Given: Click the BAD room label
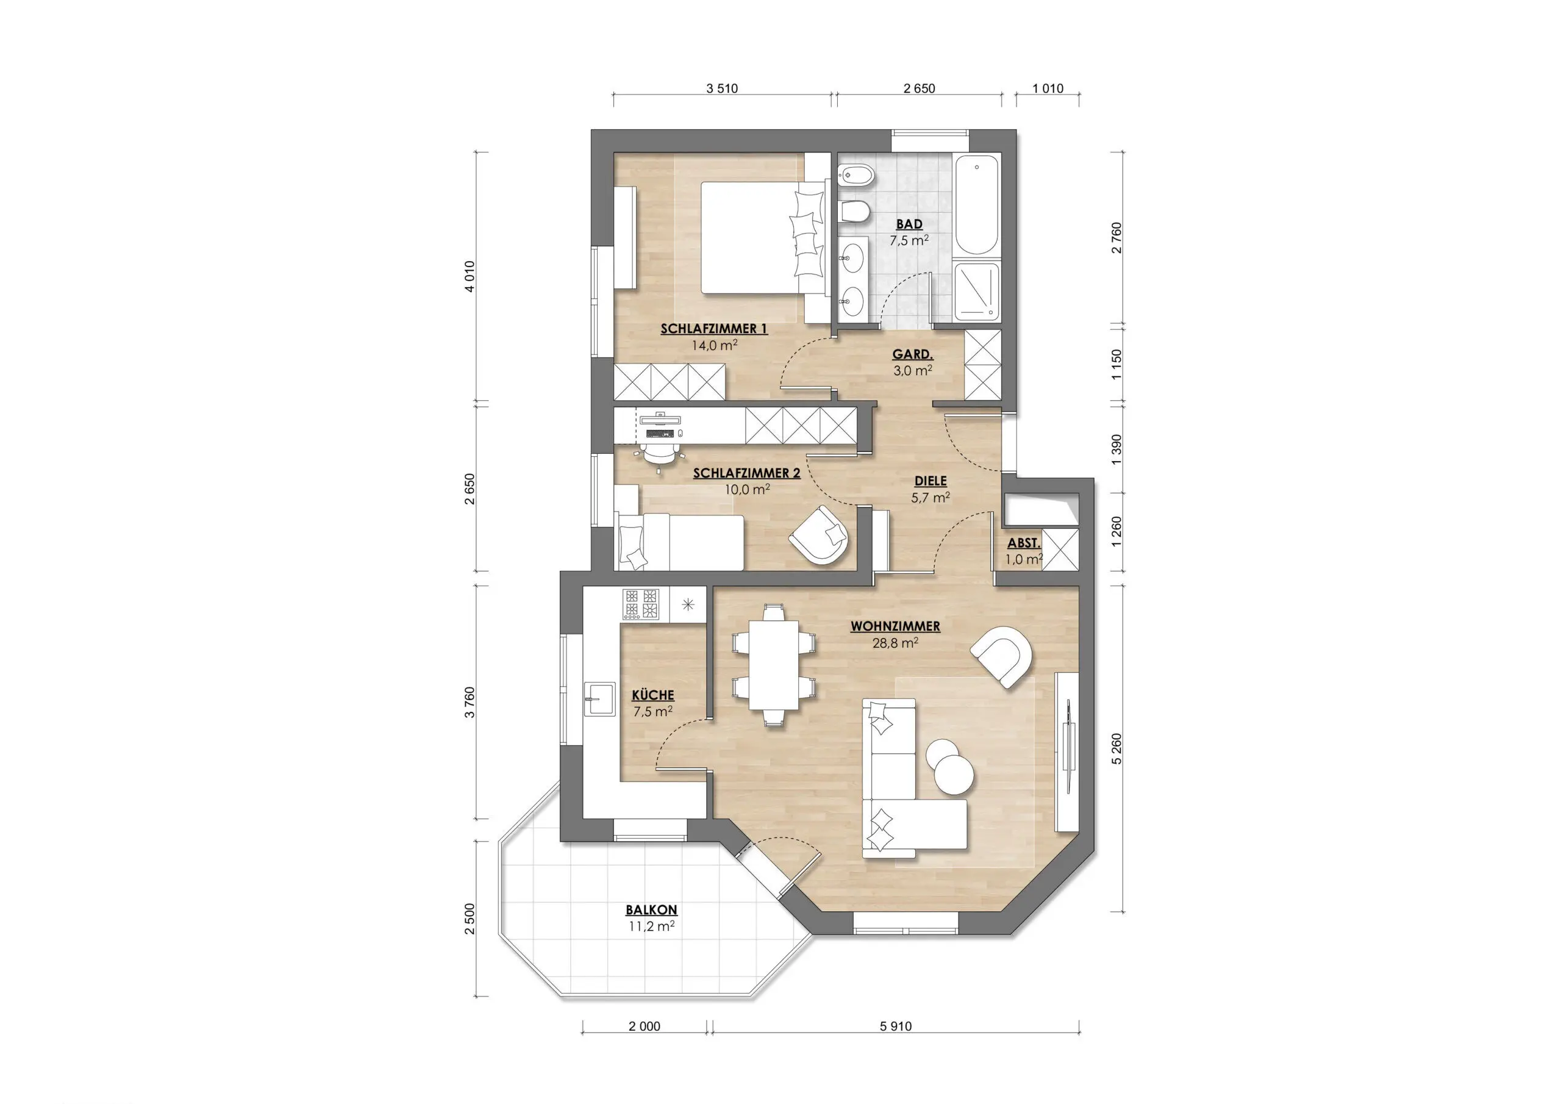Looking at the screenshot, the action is pos(909,224).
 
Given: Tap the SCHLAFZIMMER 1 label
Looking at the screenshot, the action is pos(714,329).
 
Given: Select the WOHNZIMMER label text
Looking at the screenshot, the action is pos(895,626).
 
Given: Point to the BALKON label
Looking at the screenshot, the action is pos(651,910).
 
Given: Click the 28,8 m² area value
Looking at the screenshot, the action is pos(895,643).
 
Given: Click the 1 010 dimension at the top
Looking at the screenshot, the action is pos(1048,88).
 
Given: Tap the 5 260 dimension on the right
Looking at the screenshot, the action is pos(1116,749).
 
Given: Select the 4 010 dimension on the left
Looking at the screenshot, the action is pos(469,276).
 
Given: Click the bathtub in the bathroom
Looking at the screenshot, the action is pos(977,205).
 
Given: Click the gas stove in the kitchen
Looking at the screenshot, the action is pos(641,604).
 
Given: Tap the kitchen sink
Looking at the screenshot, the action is pos(123,698).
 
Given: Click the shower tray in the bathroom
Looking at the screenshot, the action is pos(977,292).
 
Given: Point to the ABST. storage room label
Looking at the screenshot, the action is pos(1023,543).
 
